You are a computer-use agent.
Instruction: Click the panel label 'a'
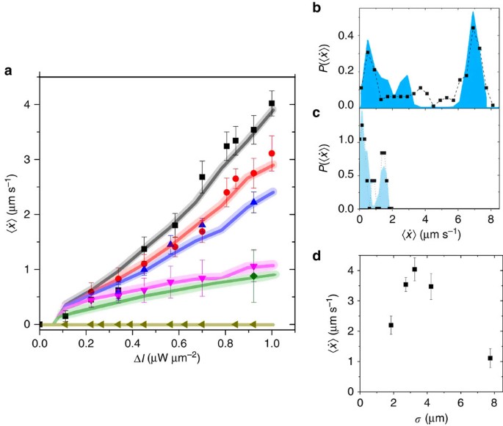point(8,70)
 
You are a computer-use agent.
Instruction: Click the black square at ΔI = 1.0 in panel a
point(272,103)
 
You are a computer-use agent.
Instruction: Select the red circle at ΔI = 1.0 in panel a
point(272,153)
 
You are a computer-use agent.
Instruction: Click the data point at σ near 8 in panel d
point(490,359)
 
